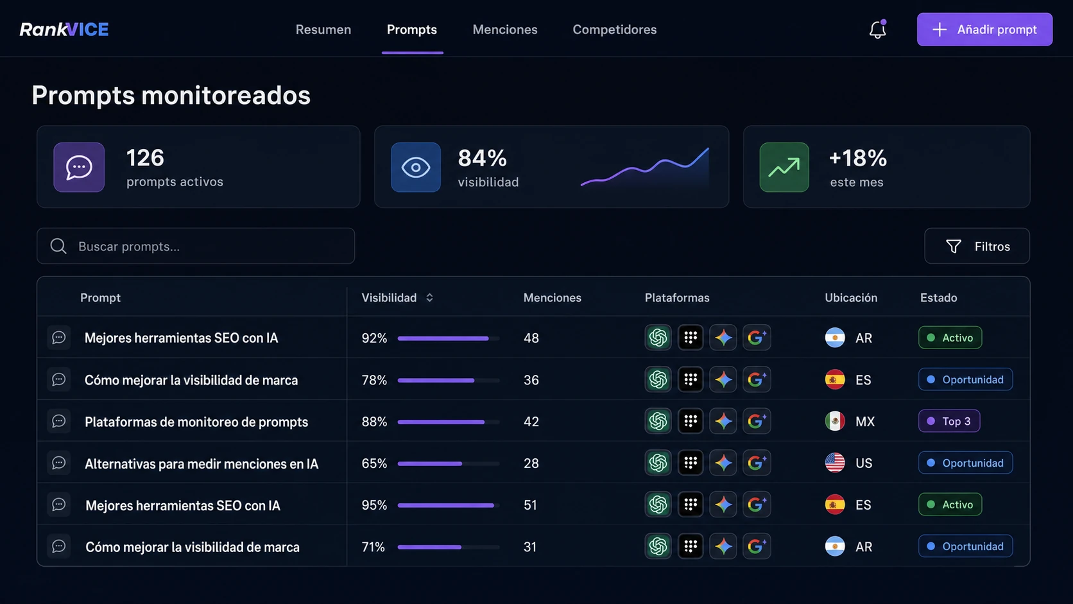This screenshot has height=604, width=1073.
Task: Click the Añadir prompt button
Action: pos(984,30)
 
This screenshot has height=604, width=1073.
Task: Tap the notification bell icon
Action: pos(877,30)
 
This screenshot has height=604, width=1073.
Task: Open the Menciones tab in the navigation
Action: pos(505,30)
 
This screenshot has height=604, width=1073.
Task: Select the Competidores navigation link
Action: pos(615,30)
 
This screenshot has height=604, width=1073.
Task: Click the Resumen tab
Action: pos(323,30)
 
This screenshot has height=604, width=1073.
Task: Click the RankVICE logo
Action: pos(64,30)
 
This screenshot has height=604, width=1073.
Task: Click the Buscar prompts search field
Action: pos(196,246)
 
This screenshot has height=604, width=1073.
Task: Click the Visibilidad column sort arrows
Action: pos(430,297)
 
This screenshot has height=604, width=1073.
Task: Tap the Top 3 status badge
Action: pos(949,421)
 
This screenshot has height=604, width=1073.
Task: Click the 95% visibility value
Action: pos(374,505)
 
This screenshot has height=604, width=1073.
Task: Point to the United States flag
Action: pos(835,463)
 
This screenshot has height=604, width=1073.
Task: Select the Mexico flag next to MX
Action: pos(835,421)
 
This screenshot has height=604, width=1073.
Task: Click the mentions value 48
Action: pos(531,338)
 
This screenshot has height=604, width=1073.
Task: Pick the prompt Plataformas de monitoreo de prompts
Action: pos(196,422)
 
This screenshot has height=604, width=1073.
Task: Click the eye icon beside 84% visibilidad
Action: pos(416,167)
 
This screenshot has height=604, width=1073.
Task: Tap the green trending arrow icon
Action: pos(784,167)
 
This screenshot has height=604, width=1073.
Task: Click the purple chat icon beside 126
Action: pos(79,167)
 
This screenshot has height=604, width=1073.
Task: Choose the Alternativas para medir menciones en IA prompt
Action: pos(202,463)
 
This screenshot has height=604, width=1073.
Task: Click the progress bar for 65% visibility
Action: pos(449,463)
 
